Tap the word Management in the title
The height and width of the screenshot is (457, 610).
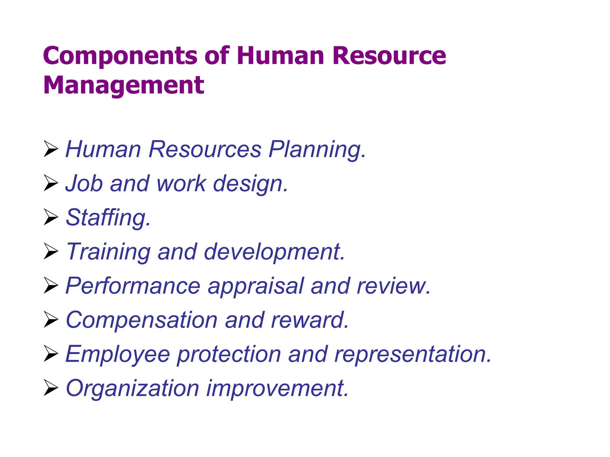(124, 85)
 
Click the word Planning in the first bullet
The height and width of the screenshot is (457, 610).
(317, 149)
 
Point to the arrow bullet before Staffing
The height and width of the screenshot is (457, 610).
(51, 217)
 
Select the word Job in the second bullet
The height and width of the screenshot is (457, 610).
(84, 183)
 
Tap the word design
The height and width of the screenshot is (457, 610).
(250, 184)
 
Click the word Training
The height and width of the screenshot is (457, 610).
(108, 252)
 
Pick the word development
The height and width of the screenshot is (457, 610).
(274, 252)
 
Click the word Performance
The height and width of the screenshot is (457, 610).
(133, 286)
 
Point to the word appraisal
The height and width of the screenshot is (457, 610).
(256, 286)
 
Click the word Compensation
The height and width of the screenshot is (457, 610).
(142, 320)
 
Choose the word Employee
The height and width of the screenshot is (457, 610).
(117, 354)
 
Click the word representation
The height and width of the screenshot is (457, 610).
(413, 354)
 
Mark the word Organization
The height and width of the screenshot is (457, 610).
(132, 388)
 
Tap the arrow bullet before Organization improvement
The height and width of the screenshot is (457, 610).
(51, 388)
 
